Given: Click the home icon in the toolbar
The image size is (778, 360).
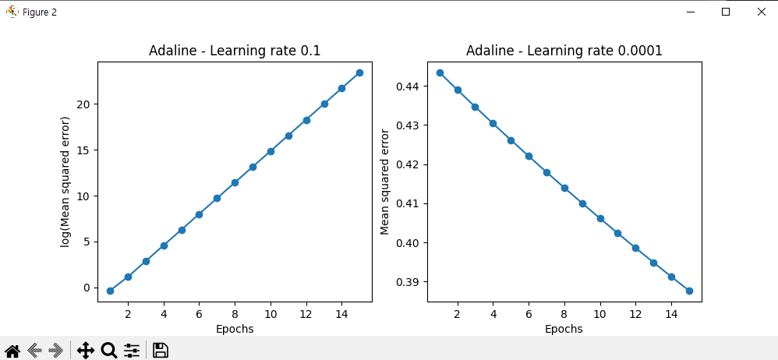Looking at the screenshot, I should [x=12, y=351].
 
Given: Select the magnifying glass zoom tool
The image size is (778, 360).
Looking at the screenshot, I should [x=108, y=351].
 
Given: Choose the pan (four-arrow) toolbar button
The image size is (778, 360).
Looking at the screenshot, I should [x=86, y=351].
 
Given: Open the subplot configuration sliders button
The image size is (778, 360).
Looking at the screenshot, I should [x=132, y=351].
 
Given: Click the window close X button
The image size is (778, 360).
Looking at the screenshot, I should [x=761, y=12].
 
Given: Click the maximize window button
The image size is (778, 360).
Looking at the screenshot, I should [x=726, y=12].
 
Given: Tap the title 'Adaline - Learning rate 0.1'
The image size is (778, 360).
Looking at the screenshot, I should [x=235, y=51].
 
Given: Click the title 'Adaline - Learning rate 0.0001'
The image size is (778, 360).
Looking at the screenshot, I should [x=564, y=51].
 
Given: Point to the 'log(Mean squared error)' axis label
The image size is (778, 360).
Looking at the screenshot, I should [x=65, y=182].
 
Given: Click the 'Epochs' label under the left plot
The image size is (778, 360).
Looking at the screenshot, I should [x=235, y=329].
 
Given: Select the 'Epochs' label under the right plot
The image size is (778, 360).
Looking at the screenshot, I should [x=564, y=329].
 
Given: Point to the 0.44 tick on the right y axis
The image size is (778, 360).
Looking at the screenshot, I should [x=409, y=86].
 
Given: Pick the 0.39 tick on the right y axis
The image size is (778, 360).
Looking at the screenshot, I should [x=409, y=282].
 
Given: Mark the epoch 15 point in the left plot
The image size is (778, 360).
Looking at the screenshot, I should [x=359, y=72].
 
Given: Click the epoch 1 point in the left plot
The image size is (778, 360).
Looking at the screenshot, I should [x=110, y=291].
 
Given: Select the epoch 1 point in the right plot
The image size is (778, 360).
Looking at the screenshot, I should [x=440, y=72].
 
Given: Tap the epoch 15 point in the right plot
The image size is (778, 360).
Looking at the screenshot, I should [x=689, y=291].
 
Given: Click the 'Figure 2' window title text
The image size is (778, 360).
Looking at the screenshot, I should [x=40, y=12].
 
